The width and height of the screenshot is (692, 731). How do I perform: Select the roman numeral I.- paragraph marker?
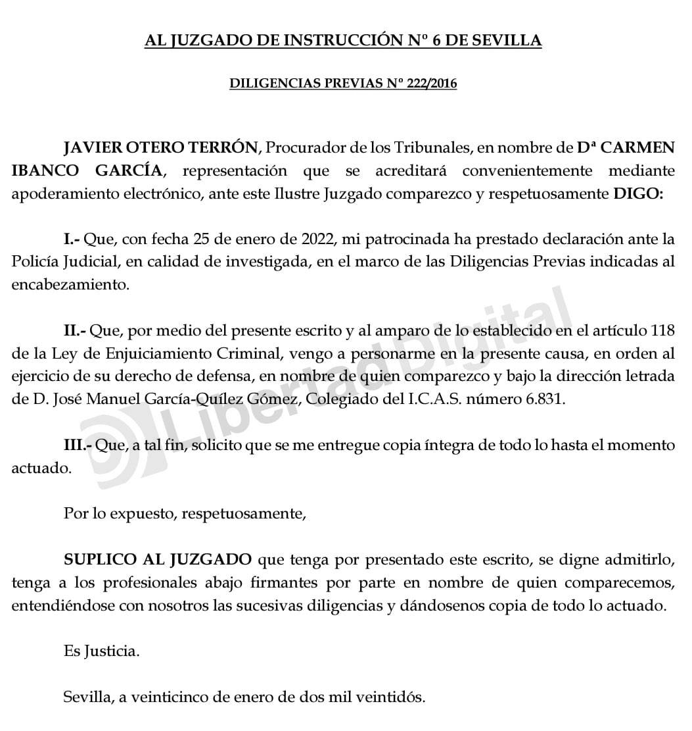coord(72,240)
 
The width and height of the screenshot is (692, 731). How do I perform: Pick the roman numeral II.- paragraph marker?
coord(74,331)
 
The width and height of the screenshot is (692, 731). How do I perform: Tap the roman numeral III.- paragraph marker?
coord(78,445)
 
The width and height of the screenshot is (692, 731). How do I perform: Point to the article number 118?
coord(661,331)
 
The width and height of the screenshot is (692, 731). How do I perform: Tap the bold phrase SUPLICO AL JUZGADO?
coord(158,560)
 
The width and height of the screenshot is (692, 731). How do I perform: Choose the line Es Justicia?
coord(102,651)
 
